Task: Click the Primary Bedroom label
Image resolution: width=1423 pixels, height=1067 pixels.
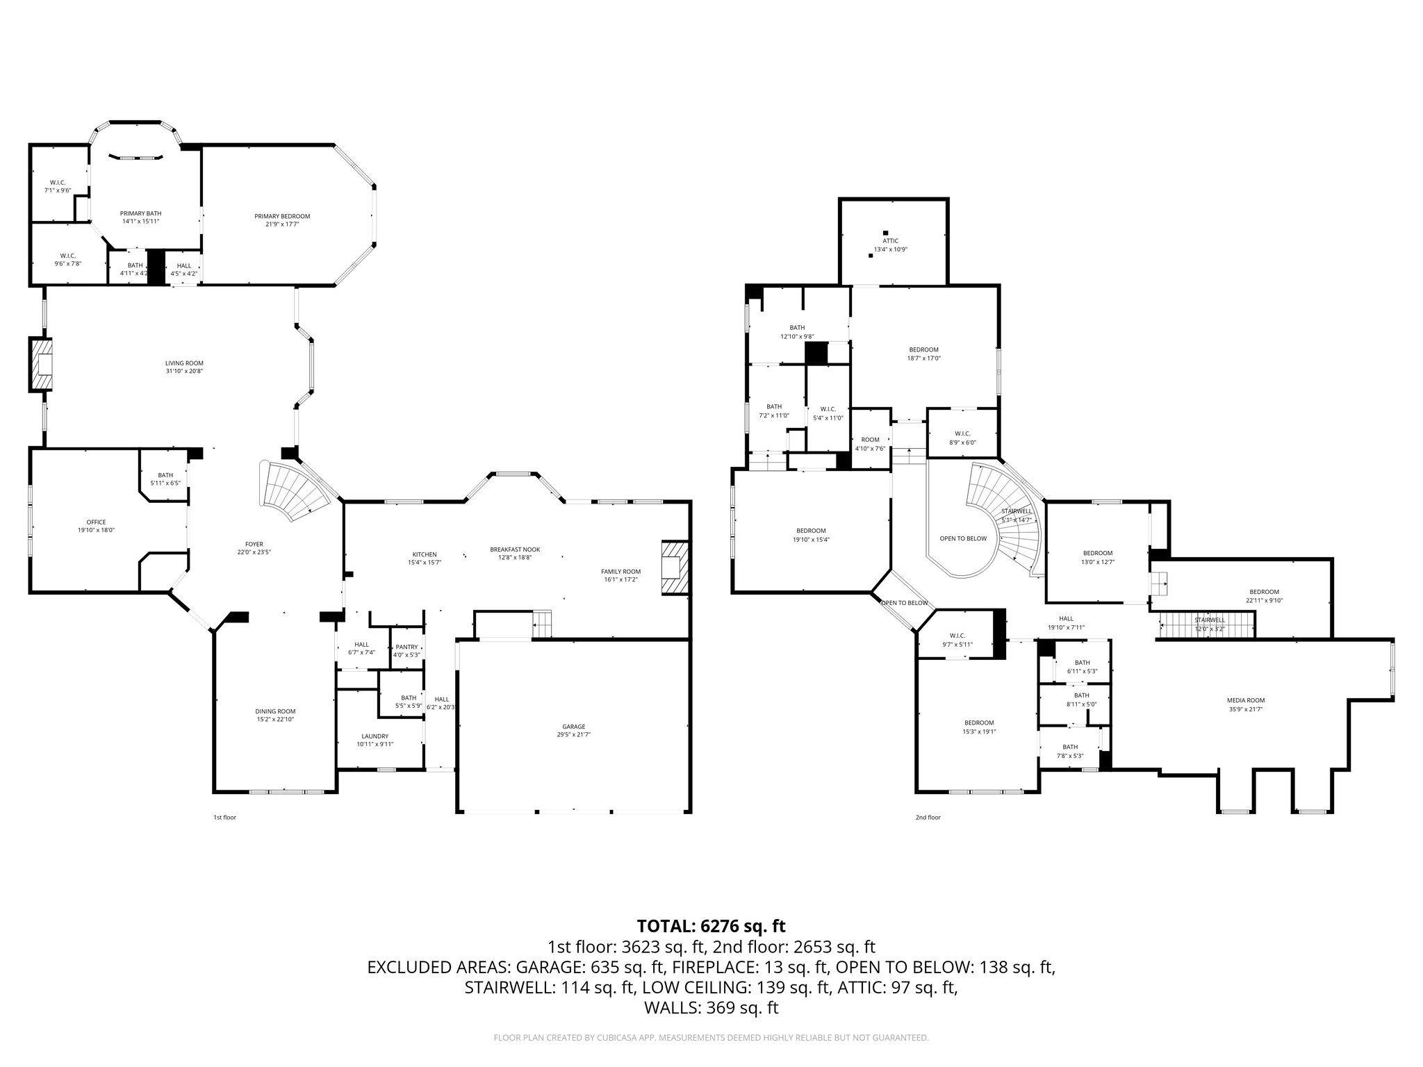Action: coord(282,216)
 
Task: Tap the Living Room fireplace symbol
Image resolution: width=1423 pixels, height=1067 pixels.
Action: coord(41,364)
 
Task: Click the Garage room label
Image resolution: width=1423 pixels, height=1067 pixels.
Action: coord(574,727)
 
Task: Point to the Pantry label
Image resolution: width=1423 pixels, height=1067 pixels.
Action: coord(406,647)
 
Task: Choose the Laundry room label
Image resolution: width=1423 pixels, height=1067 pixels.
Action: coord(375,736)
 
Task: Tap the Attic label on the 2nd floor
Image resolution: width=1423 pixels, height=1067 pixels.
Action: coord(890,241)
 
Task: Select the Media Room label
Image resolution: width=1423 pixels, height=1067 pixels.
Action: coord(1245,700)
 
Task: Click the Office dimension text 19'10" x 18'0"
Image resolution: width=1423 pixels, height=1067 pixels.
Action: coord(96,530)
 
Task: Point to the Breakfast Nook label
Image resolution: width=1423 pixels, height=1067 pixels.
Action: coord(514,549)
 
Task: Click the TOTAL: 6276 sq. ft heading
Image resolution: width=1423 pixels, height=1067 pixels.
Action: coord(711,926)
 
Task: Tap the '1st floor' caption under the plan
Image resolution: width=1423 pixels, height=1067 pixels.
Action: coord(224,818)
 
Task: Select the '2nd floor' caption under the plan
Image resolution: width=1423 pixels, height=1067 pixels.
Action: coord(928,818)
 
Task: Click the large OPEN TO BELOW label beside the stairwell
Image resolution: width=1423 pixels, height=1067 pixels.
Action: coord(962,538)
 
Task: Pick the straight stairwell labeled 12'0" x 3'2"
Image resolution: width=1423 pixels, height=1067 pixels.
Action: coord(1207,624)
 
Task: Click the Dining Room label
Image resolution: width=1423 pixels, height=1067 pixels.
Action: coord(275,711)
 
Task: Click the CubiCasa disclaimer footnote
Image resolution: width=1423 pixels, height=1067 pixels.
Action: coord(711,1038)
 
